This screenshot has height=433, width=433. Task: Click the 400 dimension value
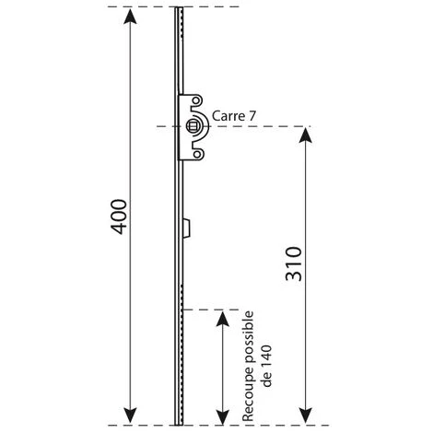point(119,216)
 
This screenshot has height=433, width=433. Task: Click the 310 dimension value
point(294,264)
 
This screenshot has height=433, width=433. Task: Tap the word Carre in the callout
point(227,116)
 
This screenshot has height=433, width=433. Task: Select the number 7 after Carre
point(252,116)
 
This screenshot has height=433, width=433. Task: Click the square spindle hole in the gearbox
point(193,126)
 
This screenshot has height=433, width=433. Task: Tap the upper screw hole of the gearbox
point(196,100)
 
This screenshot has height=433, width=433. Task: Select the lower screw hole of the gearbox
point(196,154)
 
